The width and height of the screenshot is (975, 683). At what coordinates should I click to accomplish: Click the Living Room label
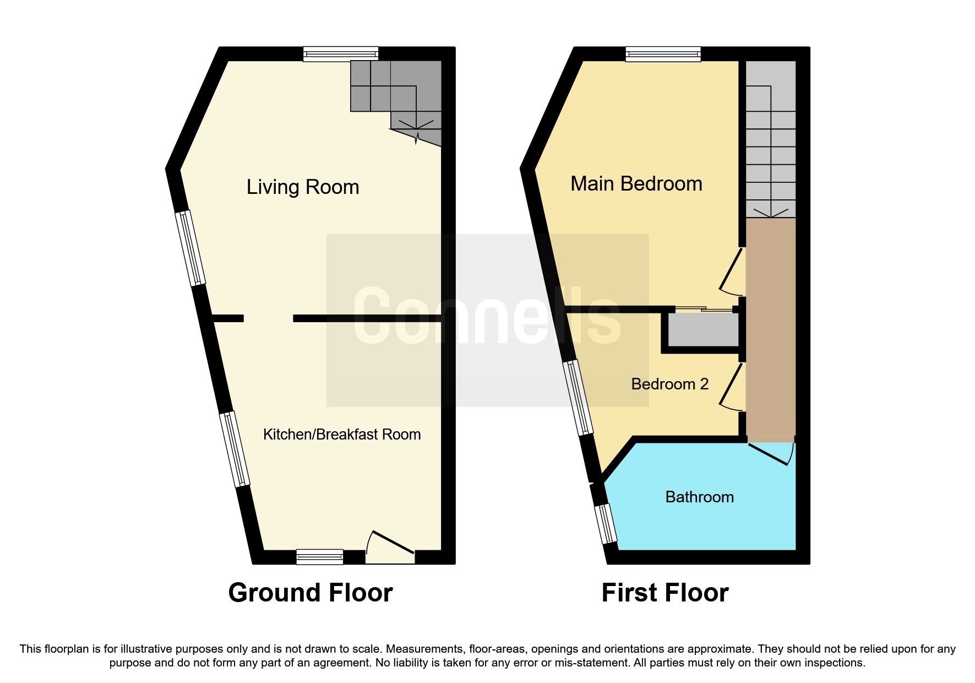[x=303, y=187]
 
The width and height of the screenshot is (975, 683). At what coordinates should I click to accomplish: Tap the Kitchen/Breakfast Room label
[x=341, y=435]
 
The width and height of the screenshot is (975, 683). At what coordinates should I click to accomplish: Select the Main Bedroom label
[x=636, y=184]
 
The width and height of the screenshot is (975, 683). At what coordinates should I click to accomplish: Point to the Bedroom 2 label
[x=669, y=384]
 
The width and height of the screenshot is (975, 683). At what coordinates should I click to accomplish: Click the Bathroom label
[x=699, y=497]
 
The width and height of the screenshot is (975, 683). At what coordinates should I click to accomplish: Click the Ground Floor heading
[x=311, y=593]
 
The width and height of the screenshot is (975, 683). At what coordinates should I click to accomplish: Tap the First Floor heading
[x=664, y=593]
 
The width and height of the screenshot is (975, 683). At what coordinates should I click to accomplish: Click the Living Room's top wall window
[x=341, y=54]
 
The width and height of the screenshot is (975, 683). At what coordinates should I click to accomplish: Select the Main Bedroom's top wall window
[x=663, y=54]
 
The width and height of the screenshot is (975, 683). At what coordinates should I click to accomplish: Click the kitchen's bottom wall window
[x=319, y=557]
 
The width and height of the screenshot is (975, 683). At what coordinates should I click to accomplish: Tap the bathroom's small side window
[x=605, y=523]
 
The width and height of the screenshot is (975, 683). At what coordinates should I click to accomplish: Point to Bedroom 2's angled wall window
[x=578, y=397]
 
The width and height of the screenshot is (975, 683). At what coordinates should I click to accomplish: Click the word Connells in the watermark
[x=487, y=317]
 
